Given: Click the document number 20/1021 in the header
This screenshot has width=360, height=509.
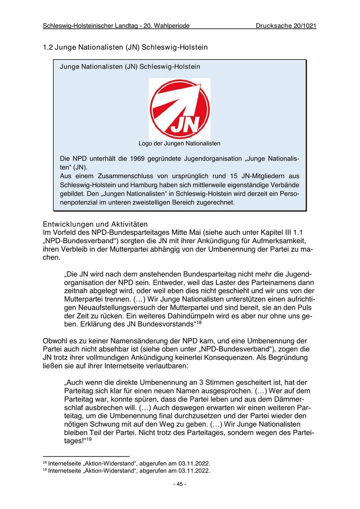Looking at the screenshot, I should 303,26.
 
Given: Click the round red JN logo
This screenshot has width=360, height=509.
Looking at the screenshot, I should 180,108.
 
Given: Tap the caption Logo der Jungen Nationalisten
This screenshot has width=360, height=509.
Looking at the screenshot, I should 180,143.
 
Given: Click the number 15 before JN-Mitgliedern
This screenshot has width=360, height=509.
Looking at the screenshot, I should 234,176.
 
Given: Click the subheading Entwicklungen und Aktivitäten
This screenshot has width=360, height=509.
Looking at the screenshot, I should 95,224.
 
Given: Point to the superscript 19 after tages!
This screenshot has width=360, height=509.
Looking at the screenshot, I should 89,439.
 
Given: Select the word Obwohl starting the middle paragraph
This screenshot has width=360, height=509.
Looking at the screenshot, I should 54,341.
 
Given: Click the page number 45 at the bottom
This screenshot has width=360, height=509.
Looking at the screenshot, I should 180,484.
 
